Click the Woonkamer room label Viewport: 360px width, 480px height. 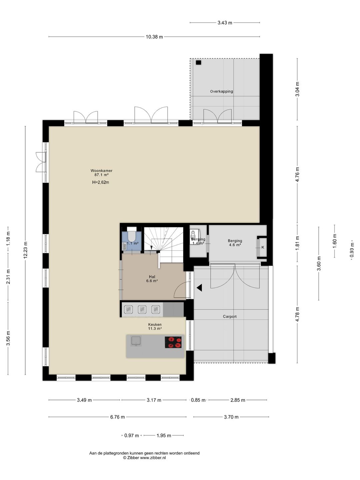[101, 171]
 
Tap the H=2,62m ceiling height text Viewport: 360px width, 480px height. [101, 182]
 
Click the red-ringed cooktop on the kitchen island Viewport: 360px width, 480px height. [173, 342]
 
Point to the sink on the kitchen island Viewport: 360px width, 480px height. [136, 341]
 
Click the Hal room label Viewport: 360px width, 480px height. [152, 277]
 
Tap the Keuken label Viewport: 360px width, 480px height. [155, 325]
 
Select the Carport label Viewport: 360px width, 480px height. [230, 316]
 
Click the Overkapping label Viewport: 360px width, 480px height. [221, 91]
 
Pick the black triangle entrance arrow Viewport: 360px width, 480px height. [199, 288]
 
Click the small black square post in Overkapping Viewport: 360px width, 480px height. [198, 63]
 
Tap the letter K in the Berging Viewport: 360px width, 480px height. [263, 247]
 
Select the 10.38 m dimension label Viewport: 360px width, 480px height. [154, 37]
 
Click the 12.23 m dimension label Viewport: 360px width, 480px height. [25, 250]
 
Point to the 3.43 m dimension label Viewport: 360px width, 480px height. [225, 23]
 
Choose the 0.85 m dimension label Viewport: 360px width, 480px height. [198, 400]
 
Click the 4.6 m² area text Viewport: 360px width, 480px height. [235, 245]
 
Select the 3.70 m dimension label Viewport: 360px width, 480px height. [231, 417]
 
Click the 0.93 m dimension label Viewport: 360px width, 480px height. [352, 250]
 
